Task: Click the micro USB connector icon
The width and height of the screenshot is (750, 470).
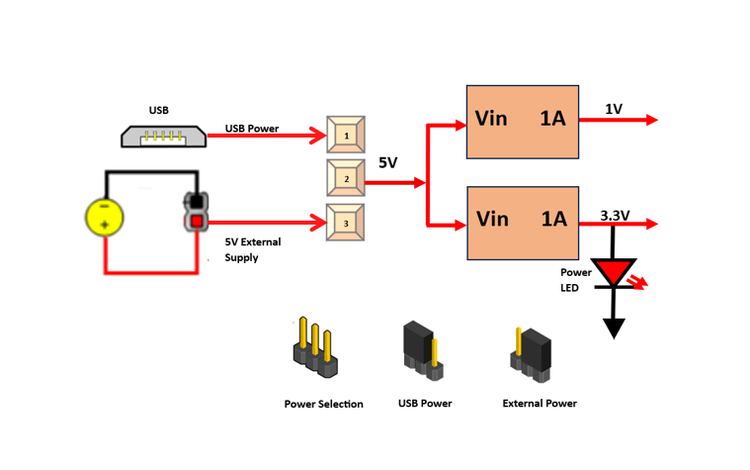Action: pos(164,136)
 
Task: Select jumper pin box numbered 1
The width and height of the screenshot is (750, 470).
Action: pos(346,135)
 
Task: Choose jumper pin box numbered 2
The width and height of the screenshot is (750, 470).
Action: pos(346,179)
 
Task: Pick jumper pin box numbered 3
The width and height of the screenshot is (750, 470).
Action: pos(346,223)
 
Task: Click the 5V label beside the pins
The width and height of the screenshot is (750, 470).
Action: pos(387,162)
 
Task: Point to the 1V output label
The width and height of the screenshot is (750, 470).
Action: pos(614,109)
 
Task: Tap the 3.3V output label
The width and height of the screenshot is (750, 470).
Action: pos(615,214)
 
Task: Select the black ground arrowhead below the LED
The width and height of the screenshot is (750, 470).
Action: pos(614,328)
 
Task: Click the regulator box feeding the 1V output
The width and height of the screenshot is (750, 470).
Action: pos(523,121)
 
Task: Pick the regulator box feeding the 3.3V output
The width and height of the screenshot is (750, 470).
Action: pos(523,222)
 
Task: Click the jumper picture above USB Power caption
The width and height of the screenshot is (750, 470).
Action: pos(423,350)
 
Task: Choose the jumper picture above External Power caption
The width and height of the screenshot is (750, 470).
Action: pos(532,353)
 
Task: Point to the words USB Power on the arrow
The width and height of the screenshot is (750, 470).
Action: pos(252,129)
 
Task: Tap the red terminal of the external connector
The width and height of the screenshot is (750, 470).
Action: pos(197,221)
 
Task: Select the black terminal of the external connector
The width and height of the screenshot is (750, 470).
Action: pos(197,202)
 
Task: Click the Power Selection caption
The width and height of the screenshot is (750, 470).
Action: pos(323,404)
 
